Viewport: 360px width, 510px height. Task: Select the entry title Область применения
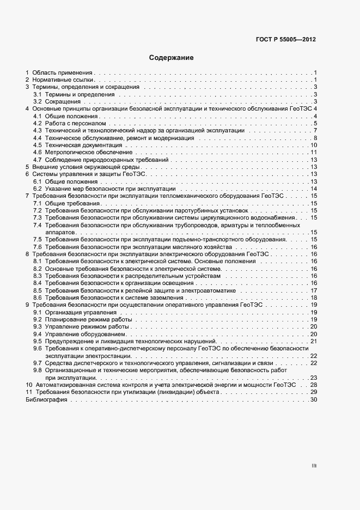pos(63,72)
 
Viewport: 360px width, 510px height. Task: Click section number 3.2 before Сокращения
pos(38,101)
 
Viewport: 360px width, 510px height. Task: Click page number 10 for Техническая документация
pos(313,145)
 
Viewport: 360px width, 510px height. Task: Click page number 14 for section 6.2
pos(313,189)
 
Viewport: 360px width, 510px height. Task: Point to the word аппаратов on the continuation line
pos(59,232)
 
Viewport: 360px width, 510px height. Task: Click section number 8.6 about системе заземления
pos(38,297)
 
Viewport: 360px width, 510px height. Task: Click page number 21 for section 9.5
pos(313,341)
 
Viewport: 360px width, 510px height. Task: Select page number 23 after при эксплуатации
pos(313,378)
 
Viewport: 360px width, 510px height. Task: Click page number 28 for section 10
pos(313,385)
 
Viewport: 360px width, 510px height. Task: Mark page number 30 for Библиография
pos(313,399)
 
